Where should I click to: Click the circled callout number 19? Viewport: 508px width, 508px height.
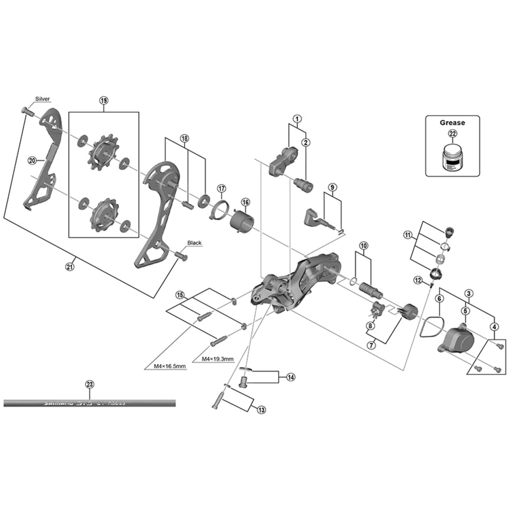[x=104, y=100]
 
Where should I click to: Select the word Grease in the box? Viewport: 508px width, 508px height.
[x=452, y=122]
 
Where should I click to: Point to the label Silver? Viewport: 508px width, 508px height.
[x=43, y=99]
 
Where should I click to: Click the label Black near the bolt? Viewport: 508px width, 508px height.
[x=194, y=243]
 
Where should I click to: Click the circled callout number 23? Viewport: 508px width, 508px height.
[x=90, y=384]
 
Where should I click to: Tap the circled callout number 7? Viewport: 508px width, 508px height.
[x=371, y=345]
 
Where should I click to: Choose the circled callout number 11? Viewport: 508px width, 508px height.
[x=408, y=235]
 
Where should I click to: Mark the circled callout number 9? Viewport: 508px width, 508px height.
[x=332, y=187]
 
